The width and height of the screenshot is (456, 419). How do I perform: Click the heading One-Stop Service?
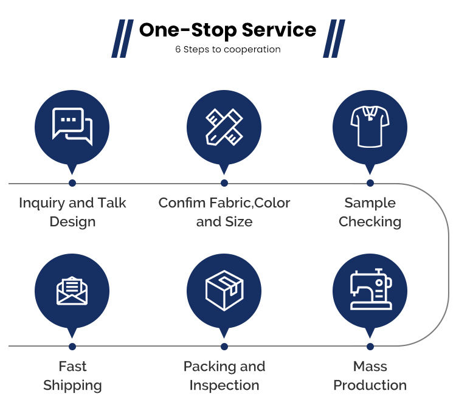click(227, 30)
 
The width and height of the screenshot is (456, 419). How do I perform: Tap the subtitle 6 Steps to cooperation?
click(227, 49)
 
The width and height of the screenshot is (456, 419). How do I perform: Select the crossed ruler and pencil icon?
click(224, 126)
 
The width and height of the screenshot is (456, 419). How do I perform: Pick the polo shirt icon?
click(370, 126)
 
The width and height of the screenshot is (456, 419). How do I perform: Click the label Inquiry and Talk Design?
click(72, 212)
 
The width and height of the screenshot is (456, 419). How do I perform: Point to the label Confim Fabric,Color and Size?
click(224, 212)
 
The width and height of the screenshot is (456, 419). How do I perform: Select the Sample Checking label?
click(370, 212)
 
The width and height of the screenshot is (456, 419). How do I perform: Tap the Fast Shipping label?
click(72, 375)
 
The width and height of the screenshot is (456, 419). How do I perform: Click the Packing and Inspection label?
click(224, 375)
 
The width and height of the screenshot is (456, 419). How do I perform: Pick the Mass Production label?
click(370, 375)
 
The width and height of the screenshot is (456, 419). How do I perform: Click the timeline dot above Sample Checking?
click(370, 183)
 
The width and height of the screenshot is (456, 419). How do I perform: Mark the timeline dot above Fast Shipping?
click(72, 347)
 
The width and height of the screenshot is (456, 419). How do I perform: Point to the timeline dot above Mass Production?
click(370, 347)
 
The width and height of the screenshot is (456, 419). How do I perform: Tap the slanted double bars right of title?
click(334, 38)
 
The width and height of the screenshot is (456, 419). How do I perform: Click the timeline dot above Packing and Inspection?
click(224, 347)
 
